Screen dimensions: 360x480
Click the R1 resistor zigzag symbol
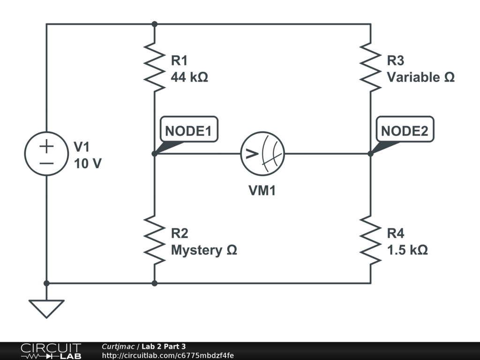tap(154, 67)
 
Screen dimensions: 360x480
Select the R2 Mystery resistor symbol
tap(154, 239)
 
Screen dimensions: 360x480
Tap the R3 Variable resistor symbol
tap(370, 67)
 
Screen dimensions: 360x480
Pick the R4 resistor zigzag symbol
tap(370, 239)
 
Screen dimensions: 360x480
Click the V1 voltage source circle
tap(46, 154)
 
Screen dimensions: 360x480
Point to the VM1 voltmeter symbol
tap(262, 153)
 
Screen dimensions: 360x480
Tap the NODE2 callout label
tap(405, 131)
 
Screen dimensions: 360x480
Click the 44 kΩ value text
tap(189, 77)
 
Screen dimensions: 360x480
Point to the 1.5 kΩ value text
tap(407, 250)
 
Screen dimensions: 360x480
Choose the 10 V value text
tap(87, 164)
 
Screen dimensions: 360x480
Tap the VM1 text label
tap(262, 191)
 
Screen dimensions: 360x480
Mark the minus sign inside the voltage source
tap(46, 163)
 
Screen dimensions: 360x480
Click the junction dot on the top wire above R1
tap(154, 24)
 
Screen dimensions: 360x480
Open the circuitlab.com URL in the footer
tap(167, 355)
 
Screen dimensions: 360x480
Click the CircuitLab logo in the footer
tap(51, 351)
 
